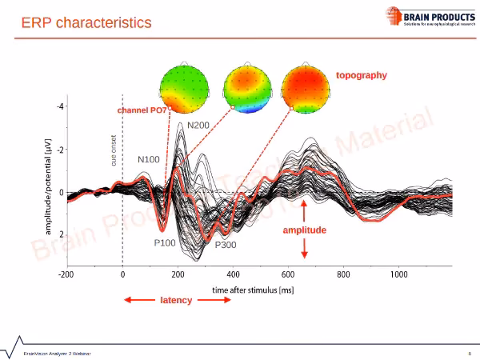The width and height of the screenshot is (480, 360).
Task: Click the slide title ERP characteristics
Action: [86, 22]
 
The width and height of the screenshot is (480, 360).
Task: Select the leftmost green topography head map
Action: [183, 86]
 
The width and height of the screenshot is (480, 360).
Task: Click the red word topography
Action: [361, 75]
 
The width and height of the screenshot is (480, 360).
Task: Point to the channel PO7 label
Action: [142, 110]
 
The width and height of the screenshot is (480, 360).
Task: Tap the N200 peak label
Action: [198, 126]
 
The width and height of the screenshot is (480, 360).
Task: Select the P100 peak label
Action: [166, 242]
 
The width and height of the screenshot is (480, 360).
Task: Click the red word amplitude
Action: [305, 230]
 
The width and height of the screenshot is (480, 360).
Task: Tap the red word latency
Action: [176, 300]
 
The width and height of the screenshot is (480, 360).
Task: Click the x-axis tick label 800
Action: [344, 274]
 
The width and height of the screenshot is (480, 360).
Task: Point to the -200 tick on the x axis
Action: [66, 274]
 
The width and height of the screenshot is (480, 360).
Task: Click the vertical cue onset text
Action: [114, 151]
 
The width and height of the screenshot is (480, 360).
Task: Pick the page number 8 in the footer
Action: [469, 353]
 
